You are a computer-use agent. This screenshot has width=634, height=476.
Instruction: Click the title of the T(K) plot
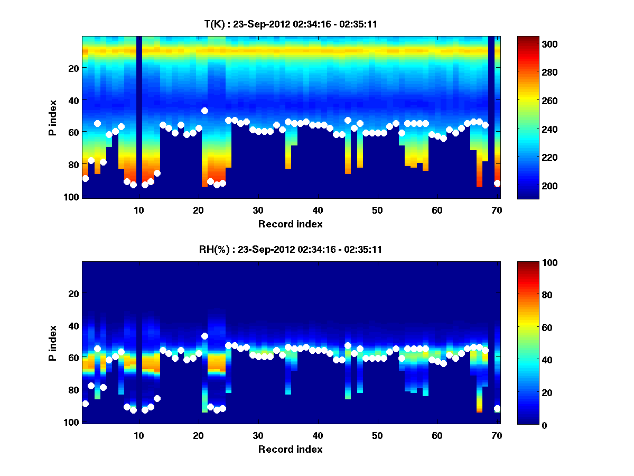pyautogui.click(x=291, y=24)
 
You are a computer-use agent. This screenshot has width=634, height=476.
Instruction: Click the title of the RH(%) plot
pyautogui.click(x=291, y=249)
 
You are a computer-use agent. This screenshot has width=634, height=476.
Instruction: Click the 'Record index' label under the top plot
pyautogui.click(x=291, y=224)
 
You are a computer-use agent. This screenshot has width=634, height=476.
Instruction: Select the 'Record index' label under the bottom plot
pyautogui.click(x=291, y=449)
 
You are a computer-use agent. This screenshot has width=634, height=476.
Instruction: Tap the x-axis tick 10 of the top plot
pyautogui.click(x=138, y=210)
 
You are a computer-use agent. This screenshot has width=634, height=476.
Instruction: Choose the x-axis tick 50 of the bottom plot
pyautogui.click(x=377, y=435)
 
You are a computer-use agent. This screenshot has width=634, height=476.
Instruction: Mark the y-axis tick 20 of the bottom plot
pyautogui.click(x=73, y=294)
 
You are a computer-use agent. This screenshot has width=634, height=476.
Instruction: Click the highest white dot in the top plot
pyautogui.click(x=204, y=111)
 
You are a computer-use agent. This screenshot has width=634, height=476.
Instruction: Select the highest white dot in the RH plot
pyautogui.click(x=204, y=336)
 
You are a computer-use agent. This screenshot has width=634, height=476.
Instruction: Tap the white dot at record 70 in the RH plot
pyautogui.click(x=497, y=408)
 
